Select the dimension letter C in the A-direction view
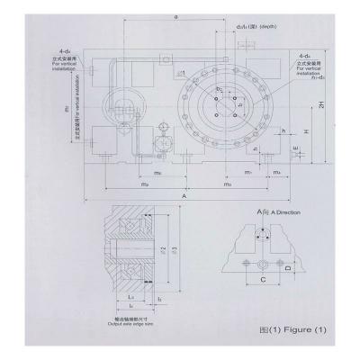[259, 280]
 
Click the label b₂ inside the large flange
[219, 90]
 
